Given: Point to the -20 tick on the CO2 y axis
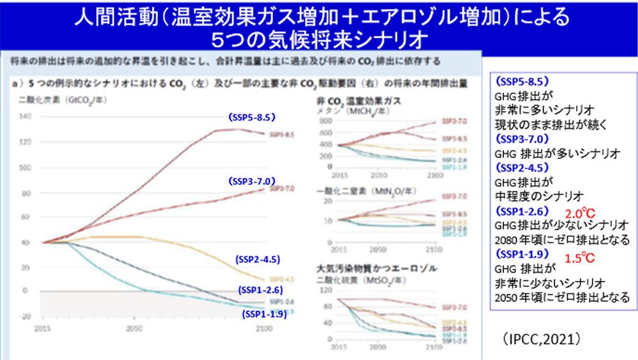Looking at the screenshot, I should coord(25,317).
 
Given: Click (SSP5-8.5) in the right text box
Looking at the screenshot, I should coord(523,82).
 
